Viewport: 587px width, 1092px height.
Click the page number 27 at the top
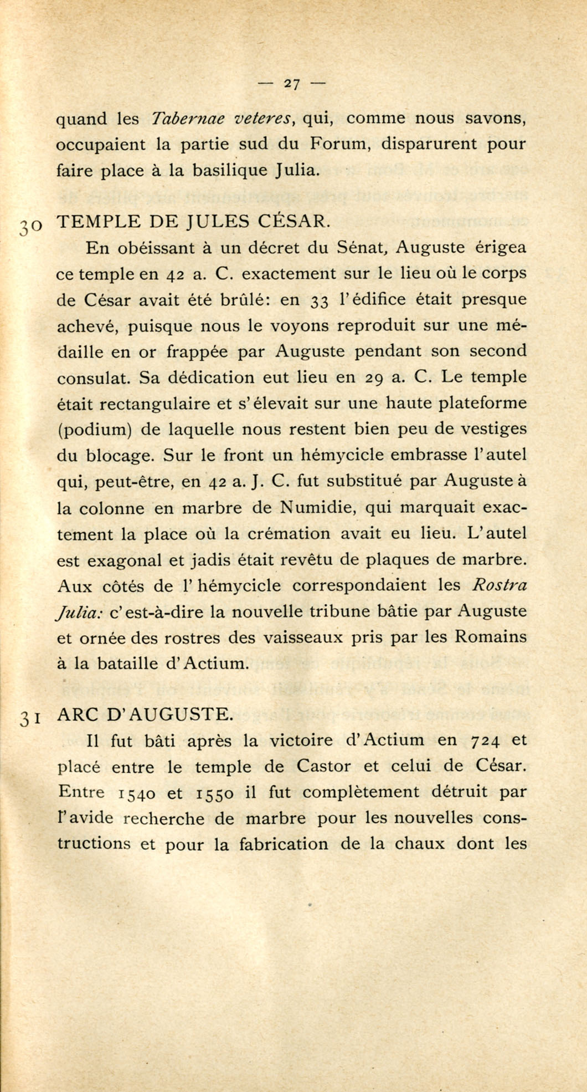[x=292, y=84]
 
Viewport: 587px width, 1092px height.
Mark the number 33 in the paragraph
[x=319, y=300]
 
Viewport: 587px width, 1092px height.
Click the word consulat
[x=94, y=378]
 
